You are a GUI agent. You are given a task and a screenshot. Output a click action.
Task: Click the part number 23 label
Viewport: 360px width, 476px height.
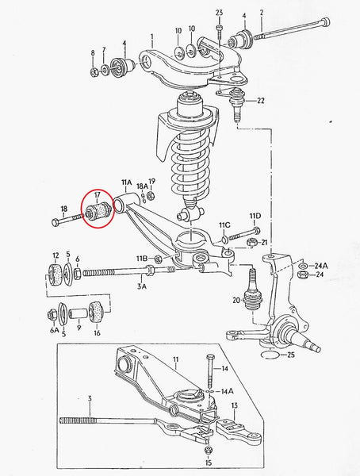tap(220, 12)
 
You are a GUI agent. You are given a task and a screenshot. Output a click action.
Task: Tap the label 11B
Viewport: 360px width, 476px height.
tap(141, 259)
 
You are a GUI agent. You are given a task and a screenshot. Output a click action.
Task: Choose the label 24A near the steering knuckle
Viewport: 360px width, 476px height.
tap(320, 265)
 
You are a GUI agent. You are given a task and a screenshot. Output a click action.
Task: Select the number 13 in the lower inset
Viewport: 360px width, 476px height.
tap(235, 406)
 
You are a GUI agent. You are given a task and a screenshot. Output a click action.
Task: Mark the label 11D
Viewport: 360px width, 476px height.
tap(255, 216)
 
